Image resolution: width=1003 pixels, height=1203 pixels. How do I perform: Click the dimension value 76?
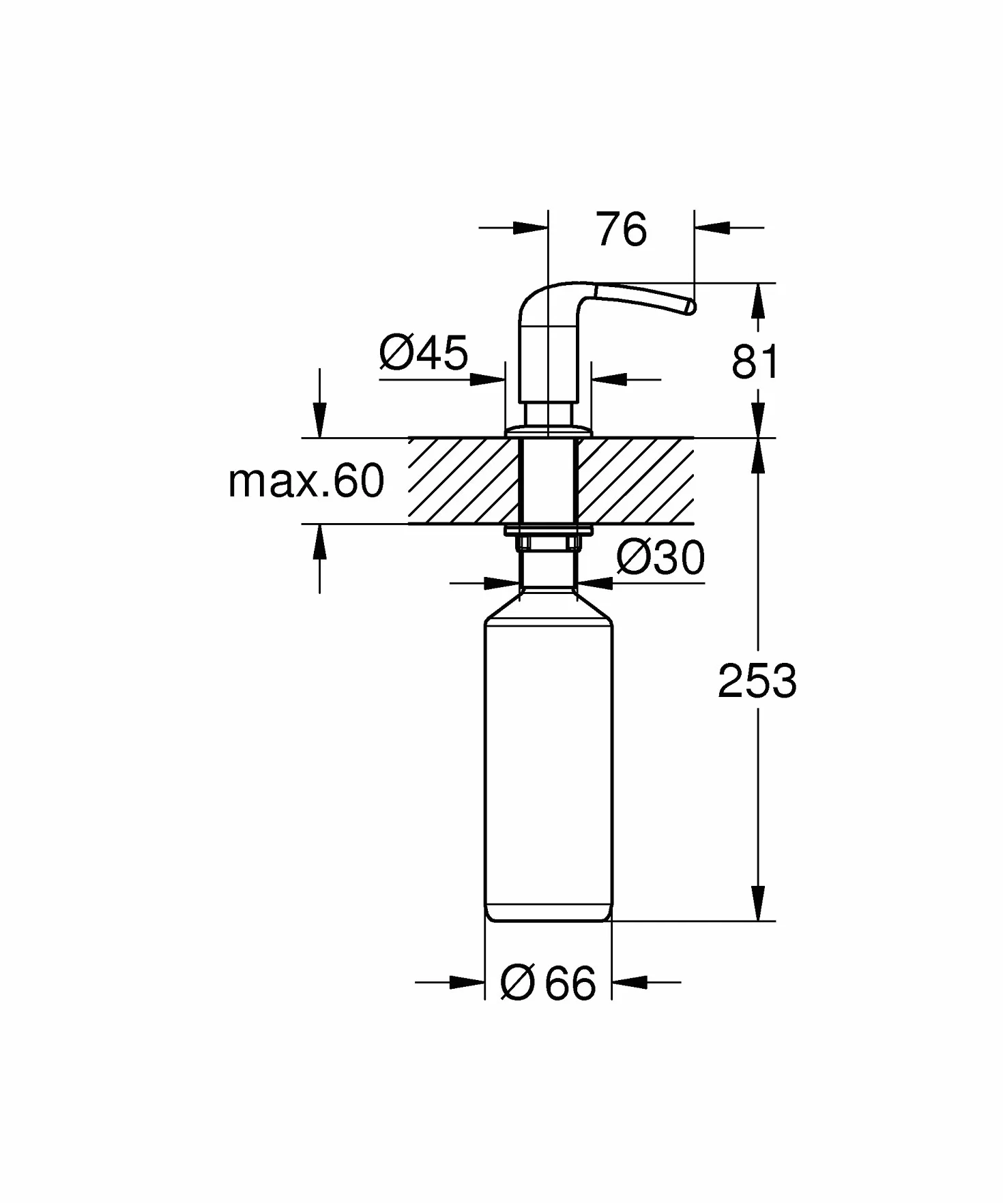[621, 230]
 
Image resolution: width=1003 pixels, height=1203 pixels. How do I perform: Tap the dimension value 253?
[757, 681]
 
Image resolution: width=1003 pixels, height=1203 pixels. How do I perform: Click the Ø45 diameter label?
[424, 353]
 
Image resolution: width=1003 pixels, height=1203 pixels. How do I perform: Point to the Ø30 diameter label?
[660, 559]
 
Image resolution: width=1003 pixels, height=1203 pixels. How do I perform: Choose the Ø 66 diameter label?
[548, 983]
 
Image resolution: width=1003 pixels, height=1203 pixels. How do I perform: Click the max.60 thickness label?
[306, 481]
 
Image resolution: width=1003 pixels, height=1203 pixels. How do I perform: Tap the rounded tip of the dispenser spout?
[690, 308]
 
